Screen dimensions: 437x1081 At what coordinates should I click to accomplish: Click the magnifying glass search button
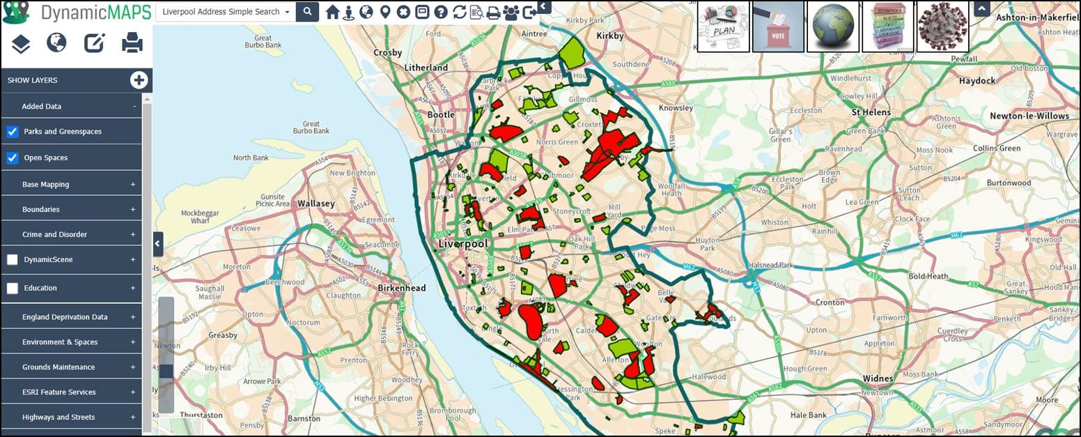[x=307, y=12]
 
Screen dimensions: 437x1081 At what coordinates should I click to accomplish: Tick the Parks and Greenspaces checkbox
[x=13, y=132]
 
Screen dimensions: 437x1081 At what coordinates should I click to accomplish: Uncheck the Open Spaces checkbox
[x=13, y=158]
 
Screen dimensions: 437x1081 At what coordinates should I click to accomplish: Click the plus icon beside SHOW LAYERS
[x=139, y=80]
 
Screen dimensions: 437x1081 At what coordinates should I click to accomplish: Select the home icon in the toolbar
[x=332, y=12]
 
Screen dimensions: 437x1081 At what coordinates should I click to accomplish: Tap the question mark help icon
[x=440, y=12]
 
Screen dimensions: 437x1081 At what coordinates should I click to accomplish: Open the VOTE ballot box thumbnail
[x=778, y=26]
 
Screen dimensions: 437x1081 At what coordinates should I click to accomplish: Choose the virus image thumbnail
[x=942, y=26]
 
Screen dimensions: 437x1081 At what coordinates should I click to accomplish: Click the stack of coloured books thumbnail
[x=888, y=26]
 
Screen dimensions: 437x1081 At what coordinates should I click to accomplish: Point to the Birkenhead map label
[x=401, y=288]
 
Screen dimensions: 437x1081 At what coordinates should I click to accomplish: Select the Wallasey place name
[x=316, y=204]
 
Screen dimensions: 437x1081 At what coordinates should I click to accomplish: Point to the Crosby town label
[x=387, y=52]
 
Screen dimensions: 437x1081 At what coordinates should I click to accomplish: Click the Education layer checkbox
[x=13, y=288]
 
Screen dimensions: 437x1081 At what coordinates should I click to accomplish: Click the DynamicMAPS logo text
[x=95, y=12]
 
